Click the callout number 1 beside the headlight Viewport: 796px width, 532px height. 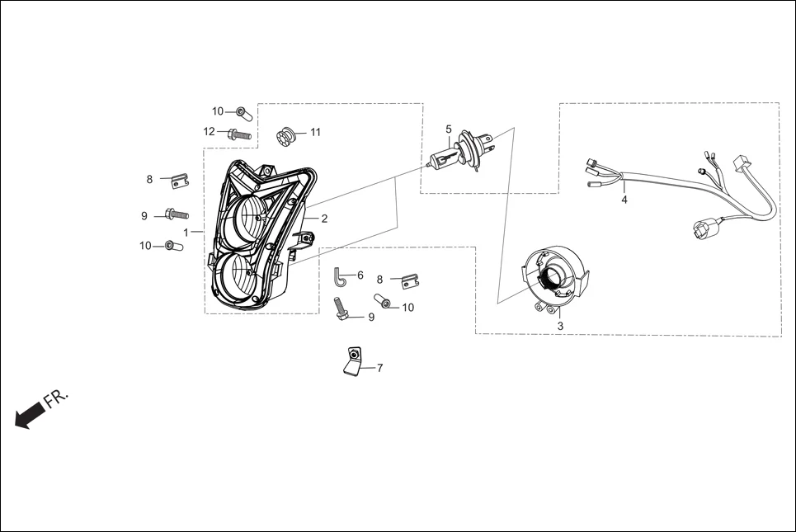click(x=186, y=232)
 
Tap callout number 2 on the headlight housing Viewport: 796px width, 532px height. click(x=324, y=219)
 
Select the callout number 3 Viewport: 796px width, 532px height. click(x=560, y=327)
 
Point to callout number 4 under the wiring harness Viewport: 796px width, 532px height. click(x=624, y=200)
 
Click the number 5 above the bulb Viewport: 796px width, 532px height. click(x=449, y=129)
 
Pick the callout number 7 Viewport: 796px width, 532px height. click(x=379, y=369)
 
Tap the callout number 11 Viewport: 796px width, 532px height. click(x=315, y=132)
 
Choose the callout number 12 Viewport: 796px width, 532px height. click(x=210, y=132)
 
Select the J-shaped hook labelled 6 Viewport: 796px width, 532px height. click(x=341, y=276)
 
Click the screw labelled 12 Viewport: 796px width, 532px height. click(x=238, y=133)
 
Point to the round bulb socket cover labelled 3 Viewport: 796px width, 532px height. click(x=558, y=276)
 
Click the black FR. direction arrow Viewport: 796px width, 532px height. click(x=30, y=414)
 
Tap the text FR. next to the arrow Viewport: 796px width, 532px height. click(x=57, y=398)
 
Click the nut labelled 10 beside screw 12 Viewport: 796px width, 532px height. click(x=242, y=111)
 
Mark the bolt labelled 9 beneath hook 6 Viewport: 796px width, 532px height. click(x=342, y=308)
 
